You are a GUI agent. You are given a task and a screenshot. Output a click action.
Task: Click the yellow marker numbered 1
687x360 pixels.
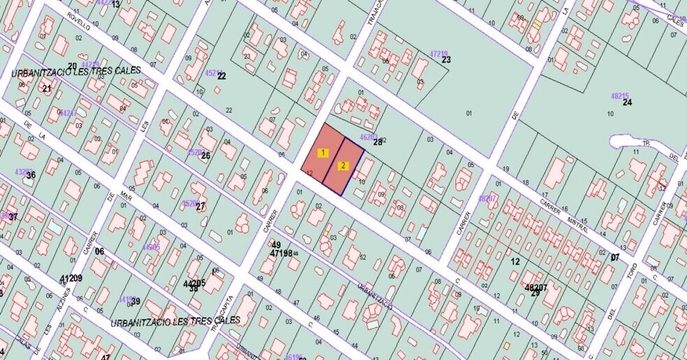click(323, 152)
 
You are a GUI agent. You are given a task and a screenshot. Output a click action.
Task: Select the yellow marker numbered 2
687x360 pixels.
click(343, 166)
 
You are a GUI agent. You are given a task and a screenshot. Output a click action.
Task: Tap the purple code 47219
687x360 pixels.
click(438, 53)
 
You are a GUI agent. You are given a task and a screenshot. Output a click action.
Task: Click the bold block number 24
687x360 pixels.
click(627, 103)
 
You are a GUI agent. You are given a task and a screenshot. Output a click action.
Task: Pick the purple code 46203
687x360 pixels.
click(368, 137)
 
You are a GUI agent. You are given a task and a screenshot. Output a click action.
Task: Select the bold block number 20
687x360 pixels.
click(72, 66)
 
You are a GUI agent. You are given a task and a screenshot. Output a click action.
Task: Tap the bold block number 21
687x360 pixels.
click(47, 89)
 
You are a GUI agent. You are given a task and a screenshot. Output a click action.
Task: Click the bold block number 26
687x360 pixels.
click(205, 155)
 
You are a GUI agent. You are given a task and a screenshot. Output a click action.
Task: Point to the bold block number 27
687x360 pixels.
click(200, 207)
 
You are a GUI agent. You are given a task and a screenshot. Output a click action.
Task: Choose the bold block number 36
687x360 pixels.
click(30, 175)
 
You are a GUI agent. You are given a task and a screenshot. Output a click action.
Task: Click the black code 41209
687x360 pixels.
click(71, 278)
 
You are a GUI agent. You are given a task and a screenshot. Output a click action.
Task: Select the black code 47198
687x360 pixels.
click(281, 253)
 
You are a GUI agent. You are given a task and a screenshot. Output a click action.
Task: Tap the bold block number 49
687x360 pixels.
click(276, 245)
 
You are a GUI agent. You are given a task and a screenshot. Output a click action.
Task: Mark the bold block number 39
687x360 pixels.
click(135, 301)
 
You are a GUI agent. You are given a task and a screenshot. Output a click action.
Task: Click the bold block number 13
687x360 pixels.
click(115, 4)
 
